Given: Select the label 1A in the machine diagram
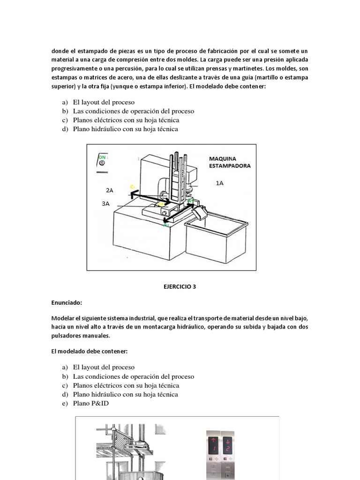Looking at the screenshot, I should (x=219, y=183).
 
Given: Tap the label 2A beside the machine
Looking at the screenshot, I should (x=110, y=190).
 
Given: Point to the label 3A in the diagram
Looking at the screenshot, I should (x=105, y=203).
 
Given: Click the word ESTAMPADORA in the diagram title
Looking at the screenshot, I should (x=229, y=165).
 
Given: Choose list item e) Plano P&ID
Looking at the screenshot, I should (x=90, y=403).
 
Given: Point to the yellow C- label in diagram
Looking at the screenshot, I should (x=133, y=187).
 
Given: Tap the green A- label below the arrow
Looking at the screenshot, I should (x=165, y=225).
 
